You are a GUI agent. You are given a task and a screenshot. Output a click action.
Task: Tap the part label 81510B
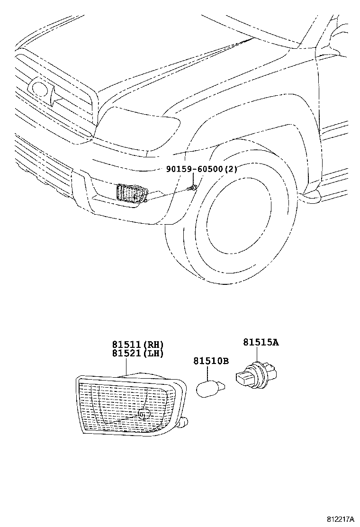[211, 361]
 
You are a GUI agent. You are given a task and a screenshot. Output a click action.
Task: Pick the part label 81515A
[261, 342]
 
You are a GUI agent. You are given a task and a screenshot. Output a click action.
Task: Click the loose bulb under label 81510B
[209, 388]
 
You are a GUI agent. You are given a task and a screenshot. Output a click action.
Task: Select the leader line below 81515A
[257, 354]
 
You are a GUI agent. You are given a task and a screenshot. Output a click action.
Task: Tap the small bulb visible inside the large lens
[144, 414]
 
